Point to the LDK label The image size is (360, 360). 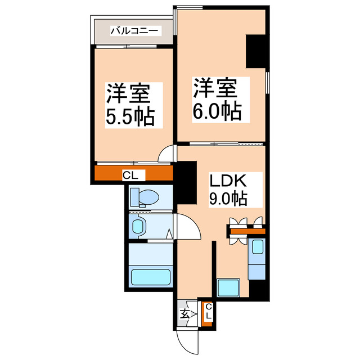click(228, 182)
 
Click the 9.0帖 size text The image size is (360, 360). click(228, 199)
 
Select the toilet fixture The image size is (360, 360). click(144, 197)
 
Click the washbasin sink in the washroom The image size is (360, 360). click(138, 227)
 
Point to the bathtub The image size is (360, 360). click(150, 278)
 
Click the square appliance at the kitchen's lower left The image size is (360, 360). click(229, 287)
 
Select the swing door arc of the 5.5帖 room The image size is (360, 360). click(166, 154)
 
